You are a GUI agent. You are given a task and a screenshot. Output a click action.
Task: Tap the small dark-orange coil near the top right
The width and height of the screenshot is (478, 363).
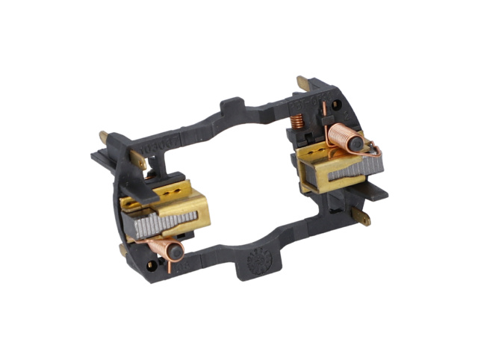point(297,120)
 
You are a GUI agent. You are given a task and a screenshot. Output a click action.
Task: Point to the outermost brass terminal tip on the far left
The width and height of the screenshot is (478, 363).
point(103,137)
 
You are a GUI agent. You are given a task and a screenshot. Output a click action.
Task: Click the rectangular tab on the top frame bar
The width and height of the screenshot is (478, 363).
point(232,104)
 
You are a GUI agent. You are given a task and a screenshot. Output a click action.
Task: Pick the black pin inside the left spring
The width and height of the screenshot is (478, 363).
point(174,252)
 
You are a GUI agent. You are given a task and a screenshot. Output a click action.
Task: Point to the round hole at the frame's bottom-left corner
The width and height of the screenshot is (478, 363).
point(152,264)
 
